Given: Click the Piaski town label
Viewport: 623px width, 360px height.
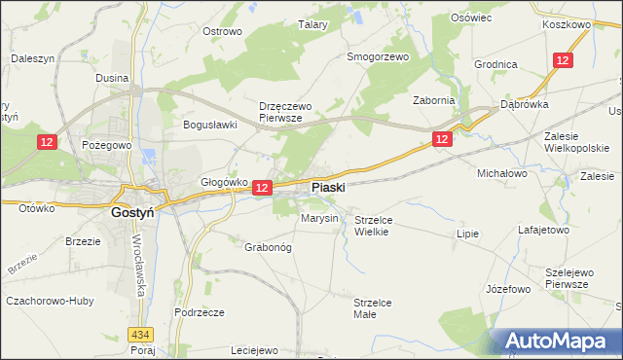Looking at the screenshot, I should tap(327, 187).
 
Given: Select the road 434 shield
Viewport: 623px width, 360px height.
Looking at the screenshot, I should tap(144, 334).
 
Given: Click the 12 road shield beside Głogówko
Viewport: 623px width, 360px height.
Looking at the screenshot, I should tap(261, 186).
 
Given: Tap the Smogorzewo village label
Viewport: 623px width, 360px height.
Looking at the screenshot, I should tap(378, 56).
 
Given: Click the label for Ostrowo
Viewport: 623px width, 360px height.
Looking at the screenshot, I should tap(221, 31).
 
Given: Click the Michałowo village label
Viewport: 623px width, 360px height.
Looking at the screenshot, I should tap(501, 172).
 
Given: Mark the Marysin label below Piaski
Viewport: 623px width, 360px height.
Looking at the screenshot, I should tap(319, 218).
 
